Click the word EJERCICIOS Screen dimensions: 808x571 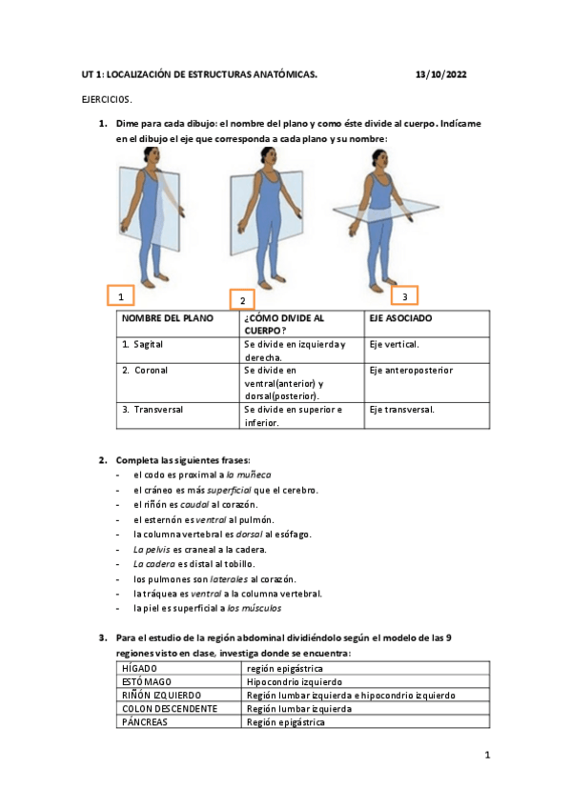pos(107,99)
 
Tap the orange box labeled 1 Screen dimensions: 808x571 pos(120,296)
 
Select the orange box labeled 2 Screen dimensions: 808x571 pos(242,299)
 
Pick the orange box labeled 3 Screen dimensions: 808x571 pos(404,295)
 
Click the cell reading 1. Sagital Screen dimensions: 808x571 pos(147,344)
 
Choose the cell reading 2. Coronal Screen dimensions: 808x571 pos(148,370)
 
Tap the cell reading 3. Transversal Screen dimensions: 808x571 pos(153,409)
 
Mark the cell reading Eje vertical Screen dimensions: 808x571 pos(394,344)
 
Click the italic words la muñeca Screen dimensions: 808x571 pos(248,474)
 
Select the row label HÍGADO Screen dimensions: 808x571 pos(140,669)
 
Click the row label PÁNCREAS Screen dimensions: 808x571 pos(146,722)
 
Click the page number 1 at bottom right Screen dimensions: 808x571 pos(486,756)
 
